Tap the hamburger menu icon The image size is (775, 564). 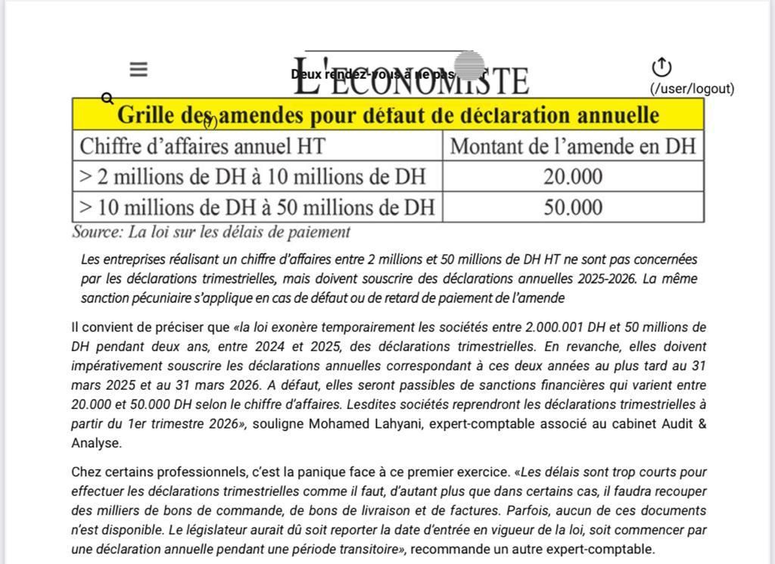point(138,70)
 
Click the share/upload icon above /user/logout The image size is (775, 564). point(661,67)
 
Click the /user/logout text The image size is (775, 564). point(692,89)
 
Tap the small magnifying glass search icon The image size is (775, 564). point(107,98)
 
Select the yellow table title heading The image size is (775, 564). point(387,115)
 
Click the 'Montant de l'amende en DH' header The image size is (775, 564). point(572,145)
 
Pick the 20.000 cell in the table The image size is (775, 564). point(573,176)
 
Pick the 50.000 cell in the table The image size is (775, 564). point(573,207)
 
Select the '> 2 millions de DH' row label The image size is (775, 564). point(252,176)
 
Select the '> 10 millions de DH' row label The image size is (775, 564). point(257,207)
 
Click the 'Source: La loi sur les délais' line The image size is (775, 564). point(211,232)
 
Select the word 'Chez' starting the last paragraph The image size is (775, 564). point(86,472)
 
